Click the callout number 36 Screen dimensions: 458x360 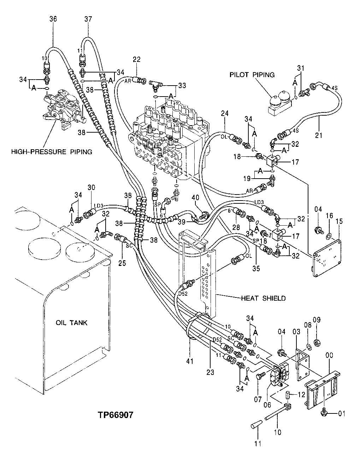coord(53,19)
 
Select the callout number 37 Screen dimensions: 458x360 coord(88,19)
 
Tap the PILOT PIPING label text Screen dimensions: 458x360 coord(252,75)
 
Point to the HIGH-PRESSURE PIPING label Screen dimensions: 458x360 coord(52,152)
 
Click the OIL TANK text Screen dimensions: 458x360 coord(71,323)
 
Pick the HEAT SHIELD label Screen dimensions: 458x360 coord(263,298)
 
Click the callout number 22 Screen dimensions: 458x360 coord(137,59)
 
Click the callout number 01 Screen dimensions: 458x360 coord(342,413)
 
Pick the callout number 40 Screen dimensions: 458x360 coord(197,197)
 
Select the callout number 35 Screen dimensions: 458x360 coord(256,268)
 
